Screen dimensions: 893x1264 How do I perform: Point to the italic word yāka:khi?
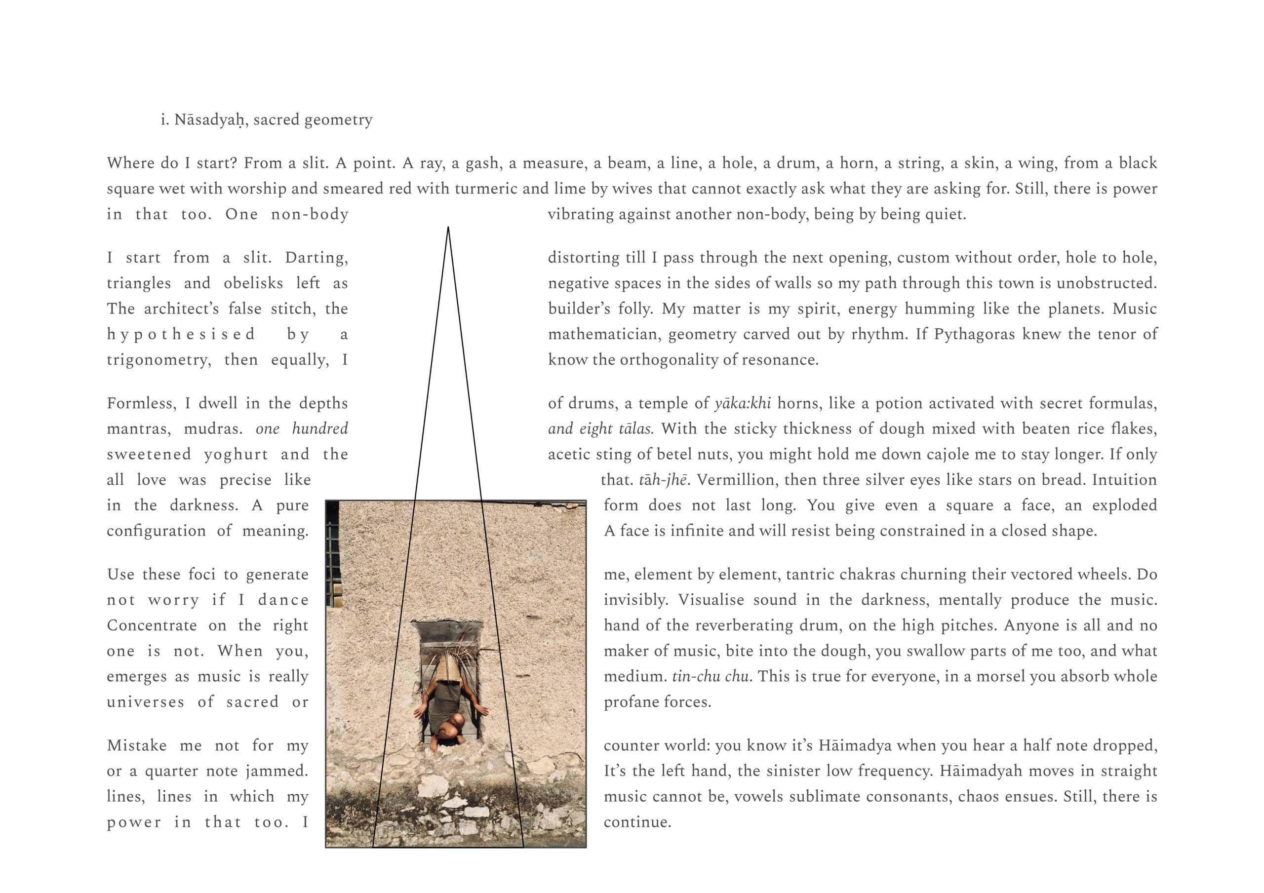(742, 404)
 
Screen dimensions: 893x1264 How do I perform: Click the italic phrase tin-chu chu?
(710, 677)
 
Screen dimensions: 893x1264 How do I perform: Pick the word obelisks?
(253, 283)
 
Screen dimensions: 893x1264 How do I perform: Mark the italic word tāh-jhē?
(663, 480)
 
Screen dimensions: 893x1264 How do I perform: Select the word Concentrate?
(152, 626)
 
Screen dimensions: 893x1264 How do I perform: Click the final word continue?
(637, 822)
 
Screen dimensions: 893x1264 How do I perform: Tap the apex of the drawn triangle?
(448, 228)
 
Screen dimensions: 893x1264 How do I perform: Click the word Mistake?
(137, 746)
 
